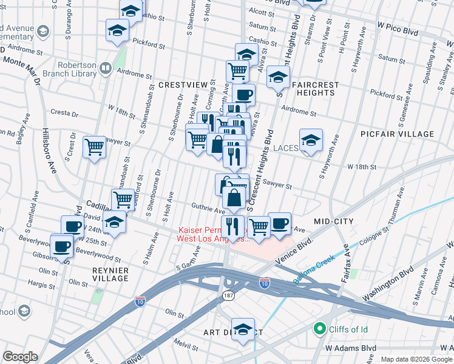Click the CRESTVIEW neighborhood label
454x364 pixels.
[178, 86]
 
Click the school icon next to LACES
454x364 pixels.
[311, 141]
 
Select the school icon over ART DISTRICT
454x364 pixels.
[243, 330]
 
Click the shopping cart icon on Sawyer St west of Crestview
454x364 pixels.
[94, 147]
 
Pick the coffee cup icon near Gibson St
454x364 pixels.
[62, 247]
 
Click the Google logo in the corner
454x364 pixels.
[21, 357]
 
